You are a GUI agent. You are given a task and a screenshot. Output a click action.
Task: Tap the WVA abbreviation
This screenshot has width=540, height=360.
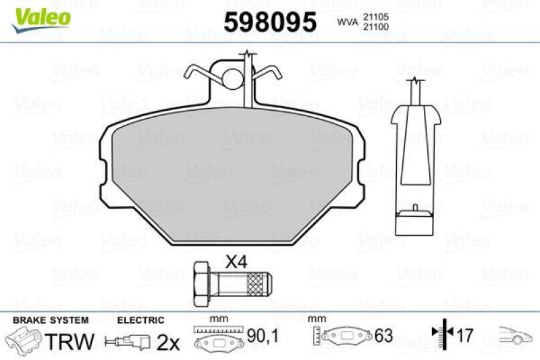pyautogui.click(x=347, y=22)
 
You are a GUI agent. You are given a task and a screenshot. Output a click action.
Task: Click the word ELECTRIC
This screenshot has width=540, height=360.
pyautogui.click(x=140, y=320)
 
